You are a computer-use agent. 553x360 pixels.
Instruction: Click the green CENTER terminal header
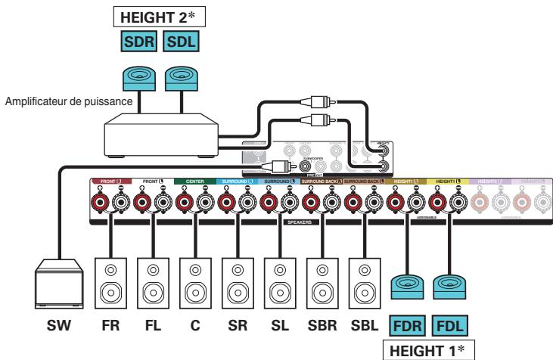(194, 182)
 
